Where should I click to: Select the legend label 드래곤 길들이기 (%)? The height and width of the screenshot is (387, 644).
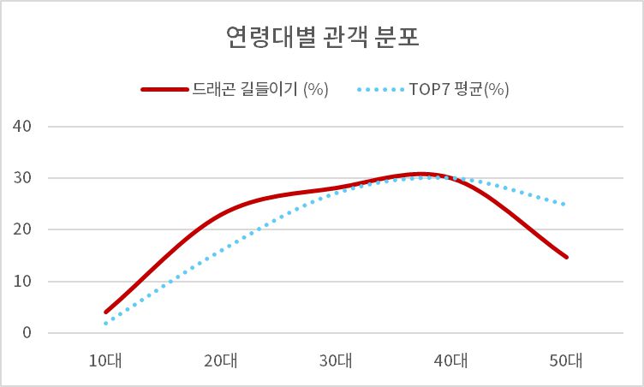tap(261, 89)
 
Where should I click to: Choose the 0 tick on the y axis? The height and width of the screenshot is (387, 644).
tap(26, 333)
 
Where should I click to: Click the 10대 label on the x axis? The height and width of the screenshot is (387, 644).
tap(106, 360)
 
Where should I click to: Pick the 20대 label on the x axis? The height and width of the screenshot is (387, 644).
tap(221, 360)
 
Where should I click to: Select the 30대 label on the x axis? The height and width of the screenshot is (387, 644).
tap(337, 360)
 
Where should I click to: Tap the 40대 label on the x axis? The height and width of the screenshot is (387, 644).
tap(451, 360)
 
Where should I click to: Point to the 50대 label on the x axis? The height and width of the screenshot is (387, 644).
tap(566, 360)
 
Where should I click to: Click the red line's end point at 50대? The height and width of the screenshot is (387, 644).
tap(566, 257)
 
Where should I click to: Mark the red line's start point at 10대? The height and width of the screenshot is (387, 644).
tap(106, 312)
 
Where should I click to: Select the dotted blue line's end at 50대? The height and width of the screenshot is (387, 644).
tap(565, 205)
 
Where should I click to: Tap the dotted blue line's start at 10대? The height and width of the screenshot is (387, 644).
tap(106, 323)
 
